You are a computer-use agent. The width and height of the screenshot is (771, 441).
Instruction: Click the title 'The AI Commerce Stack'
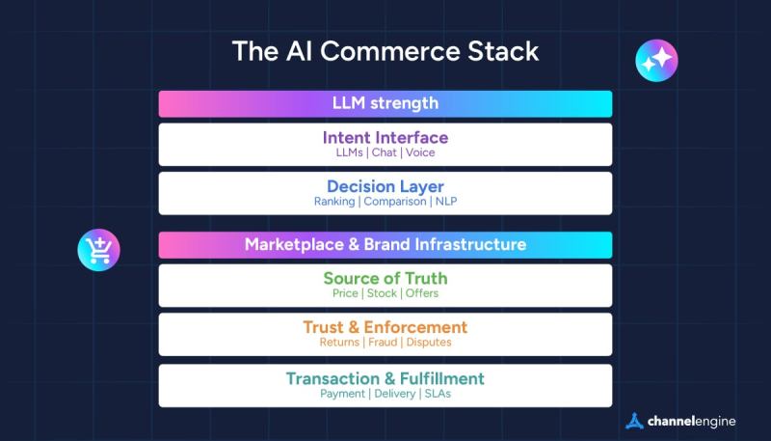[x=385, y=51]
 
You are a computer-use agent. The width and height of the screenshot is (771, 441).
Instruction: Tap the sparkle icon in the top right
[x=656, y=61]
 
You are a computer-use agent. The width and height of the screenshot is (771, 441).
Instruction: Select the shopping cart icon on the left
[x=98, y=250]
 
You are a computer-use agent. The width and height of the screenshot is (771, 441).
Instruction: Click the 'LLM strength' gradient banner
[x=385, y=103]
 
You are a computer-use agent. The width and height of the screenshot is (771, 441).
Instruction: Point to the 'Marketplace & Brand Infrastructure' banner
[x=385, y=244]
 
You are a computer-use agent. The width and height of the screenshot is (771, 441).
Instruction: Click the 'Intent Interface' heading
[x=385, y=137]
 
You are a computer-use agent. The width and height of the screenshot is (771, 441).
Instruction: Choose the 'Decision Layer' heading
[x=385, y=186]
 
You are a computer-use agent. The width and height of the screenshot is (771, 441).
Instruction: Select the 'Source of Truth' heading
[x=385, y=279]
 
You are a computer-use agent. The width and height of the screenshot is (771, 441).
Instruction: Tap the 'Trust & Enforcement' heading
[x=385, y=327]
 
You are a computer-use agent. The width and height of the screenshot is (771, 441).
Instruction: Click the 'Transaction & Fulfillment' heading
[x=385, y=378]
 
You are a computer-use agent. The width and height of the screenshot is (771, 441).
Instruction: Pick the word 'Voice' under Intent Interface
[x=421, y=152]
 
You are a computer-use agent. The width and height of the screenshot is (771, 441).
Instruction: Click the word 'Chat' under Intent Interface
[x=384, y=152]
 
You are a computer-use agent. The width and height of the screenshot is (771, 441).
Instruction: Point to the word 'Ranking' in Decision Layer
[x=334, y=202]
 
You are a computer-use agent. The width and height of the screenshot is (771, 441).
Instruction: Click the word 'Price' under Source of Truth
[x=345, y=293]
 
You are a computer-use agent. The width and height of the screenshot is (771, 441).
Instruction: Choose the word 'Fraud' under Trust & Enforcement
[x=380, y=342]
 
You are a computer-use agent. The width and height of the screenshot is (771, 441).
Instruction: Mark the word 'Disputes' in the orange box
[x=428, y=342]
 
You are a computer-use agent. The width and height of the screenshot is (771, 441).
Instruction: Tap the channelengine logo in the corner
[x=680, y=421]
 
